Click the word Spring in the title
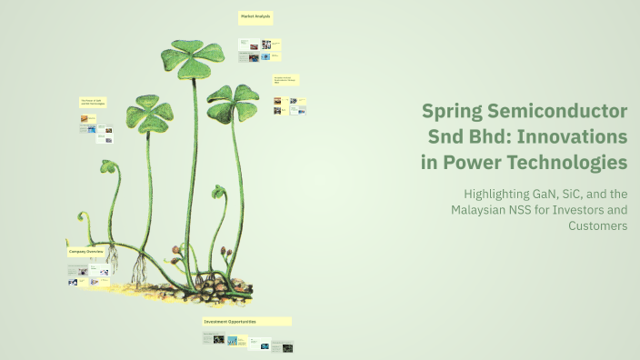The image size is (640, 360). click(x=452, y=112)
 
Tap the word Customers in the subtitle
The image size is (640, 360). click(x=597, y=226)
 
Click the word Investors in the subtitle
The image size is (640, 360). click(x=569, y=211)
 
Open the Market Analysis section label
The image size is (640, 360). click(x=255, y=17)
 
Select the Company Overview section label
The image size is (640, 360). click(x=91, y=251)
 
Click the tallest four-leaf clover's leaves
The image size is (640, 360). click(x=193, y=56)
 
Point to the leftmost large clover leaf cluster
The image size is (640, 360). click(x=149, y=115)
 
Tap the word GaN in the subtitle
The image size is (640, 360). click(x=557, y=195)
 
